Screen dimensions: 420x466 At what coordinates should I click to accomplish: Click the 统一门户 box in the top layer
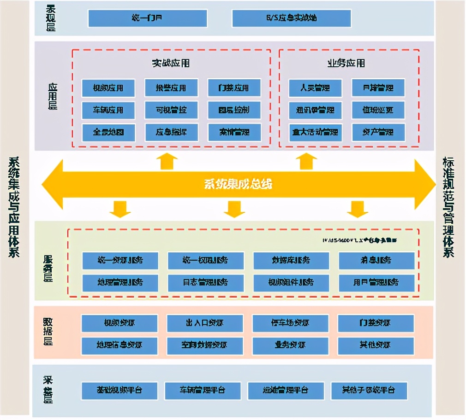click(147, 18)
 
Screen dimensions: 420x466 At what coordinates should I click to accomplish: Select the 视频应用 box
click(108, 87)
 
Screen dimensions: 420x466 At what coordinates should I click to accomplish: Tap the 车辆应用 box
click(108, 110)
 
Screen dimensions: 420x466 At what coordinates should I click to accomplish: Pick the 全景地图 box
click(108, 132)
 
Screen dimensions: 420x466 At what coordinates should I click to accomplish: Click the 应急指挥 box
click(171, 132)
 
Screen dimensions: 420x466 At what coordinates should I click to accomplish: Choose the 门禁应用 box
click(234, 87)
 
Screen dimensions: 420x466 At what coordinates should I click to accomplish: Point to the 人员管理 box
click(316, 87)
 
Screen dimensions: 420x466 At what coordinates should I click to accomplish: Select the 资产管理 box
click(378, 132)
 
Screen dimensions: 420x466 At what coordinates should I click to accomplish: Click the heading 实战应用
click(171, 63)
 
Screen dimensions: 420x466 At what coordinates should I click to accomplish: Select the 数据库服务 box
click(291, 260)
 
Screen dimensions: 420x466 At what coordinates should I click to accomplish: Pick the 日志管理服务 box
click(205, 282)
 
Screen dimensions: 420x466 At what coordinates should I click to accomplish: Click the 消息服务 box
click(376, 260)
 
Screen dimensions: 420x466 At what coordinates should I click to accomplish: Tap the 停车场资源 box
click(290, 323)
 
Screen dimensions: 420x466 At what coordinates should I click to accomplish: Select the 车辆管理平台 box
click(203, 391)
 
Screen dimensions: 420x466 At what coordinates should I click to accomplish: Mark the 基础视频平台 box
click(119, 391)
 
